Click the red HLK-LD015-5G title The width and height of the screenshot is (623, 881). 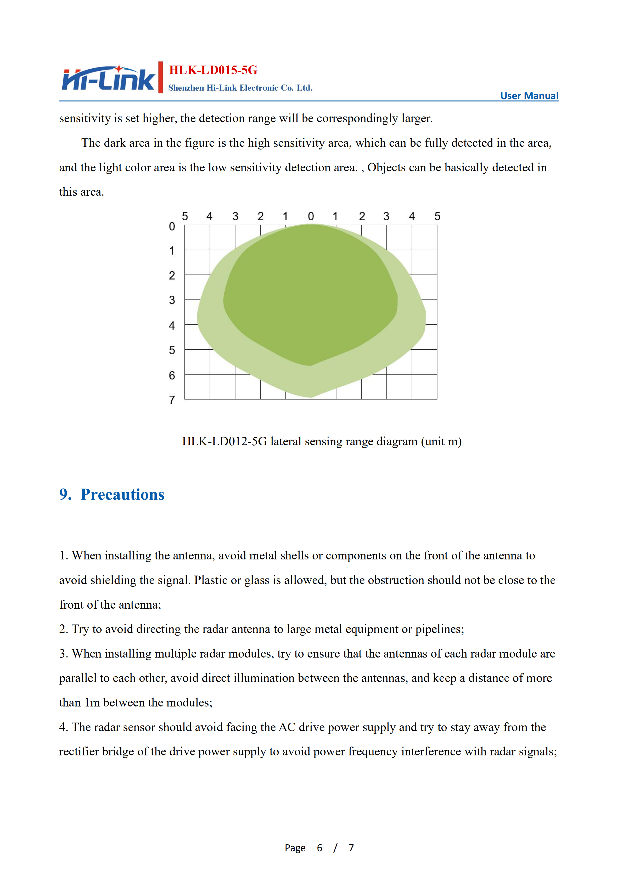213,70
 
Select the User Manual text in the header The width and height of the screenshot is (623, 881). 529,96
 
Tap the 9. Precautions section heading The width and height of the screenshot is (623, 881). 112,495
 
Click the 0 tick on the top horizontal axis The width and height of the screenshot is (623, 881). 311,216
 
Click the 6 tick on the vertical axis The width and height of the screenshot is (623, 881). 172,375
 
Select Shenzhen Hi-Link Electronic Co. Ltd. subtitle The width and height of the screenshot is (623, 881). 240,88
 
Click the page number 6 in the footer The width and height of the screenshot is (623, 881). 319,848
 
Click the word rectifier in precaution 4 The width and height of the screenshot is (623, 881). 79,752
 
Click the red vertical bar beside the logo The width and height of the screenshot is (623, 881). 160,77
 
